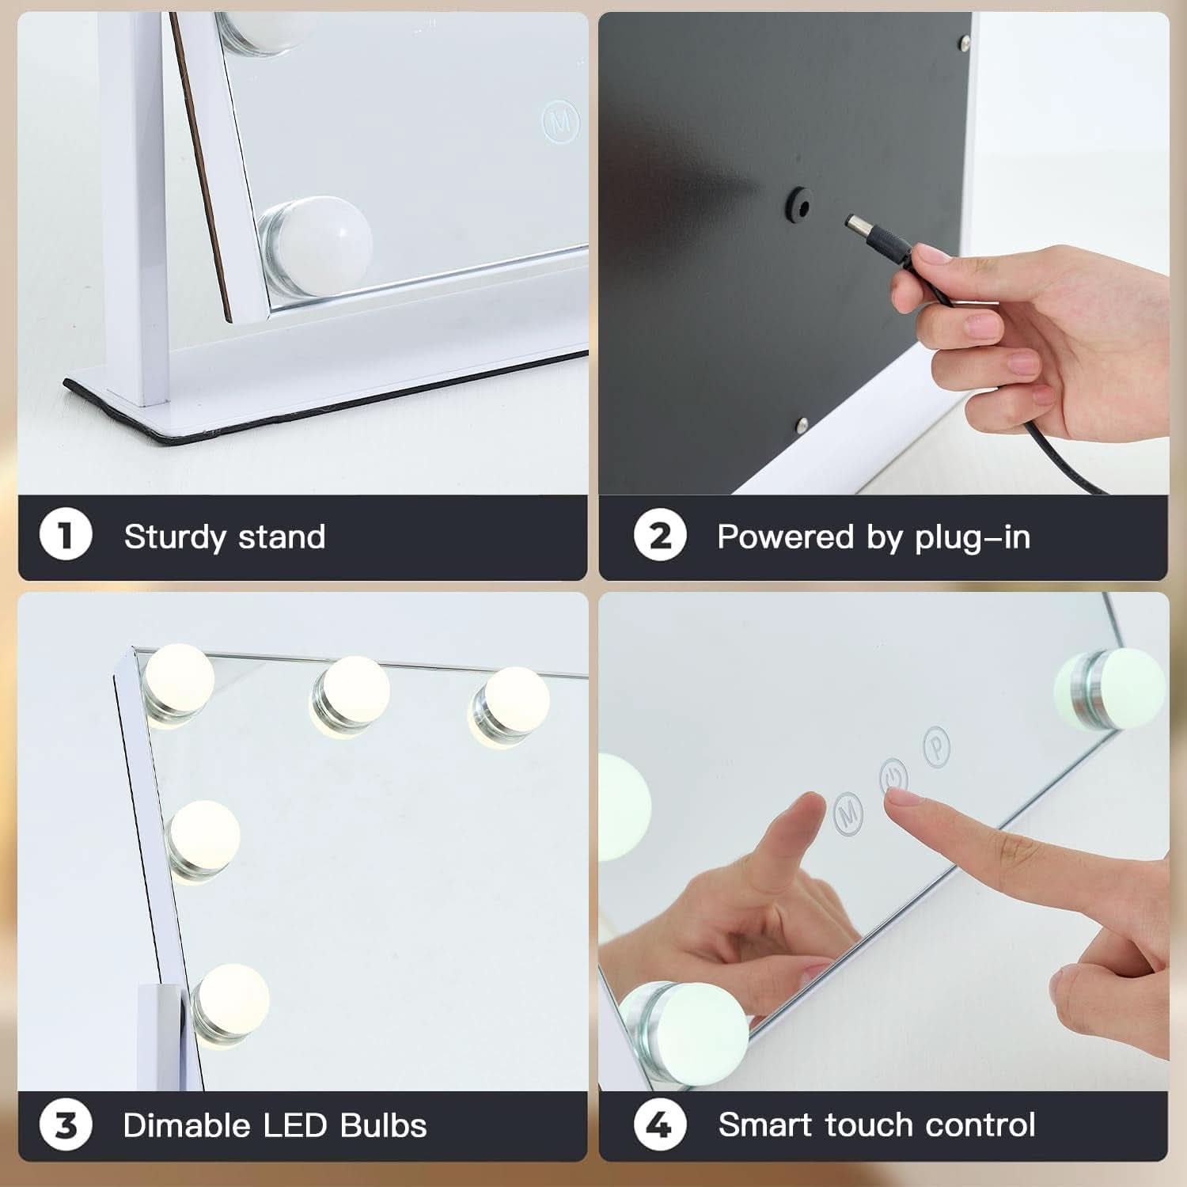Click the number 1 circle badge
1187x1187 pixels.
66,536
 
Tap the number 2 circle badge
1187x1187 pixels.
660,536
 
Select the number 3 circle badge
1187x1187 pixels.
66,1124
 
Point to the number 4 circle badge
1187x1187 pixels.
660,1124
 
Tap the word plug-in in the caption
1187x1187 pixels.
973,537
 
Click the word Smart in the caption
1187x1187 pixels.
765,1124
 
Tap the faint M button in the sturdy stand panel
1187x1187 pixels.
561,121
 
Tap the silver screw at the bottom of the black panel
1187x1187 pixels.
802,424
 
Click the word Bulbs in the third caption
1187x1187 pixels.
384,1124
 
